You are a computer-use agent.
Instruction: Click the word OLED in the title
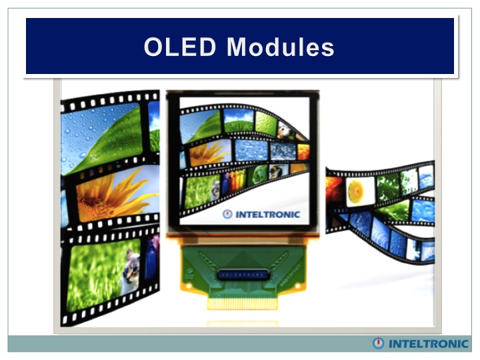click(x=180, y=47)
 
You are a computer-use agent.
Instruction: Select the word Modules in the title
click(x=281, y=47)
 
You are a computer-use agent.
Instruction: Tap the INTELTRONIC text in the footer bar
click(x=429, y=344)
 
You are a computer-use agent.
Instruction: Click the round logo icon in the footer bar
click(x=378, y=343)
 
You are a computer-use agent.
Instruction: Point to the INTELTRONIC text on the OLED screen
click(x=267, y=215)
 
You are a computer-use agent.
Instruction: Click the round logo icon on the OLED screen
click(x=227, y=214)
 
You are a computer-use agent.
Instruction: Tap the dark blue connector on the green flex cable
click(x=244, y=275)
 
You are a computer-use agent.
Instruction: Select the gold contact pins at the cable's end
click(x=243, y=303)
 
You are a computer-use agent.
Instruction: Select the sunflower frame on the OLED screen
click(x=210, y=153)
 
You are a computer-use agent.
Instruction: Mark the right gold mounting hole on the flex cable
click(x=297, y=286)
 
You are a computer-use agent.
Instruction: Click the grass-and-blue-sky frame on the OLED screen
click(x=239, y=120)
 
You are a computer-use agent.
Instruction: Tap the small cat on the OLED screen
click(x=216, y=187)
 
